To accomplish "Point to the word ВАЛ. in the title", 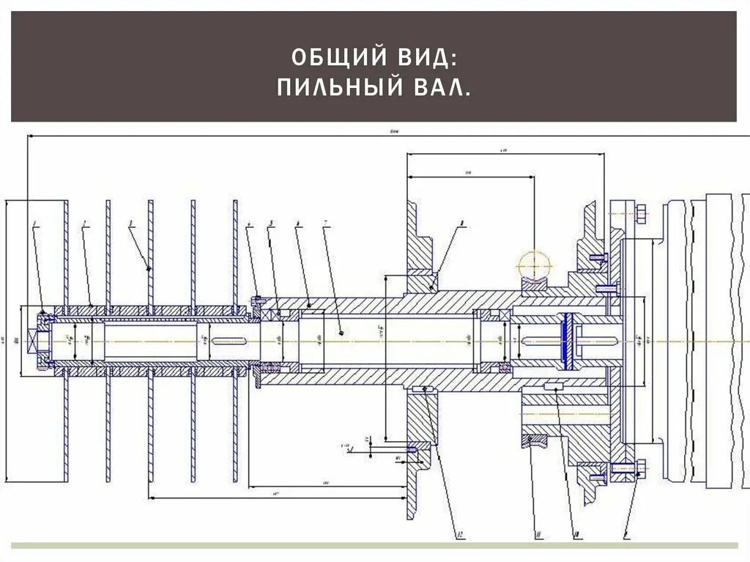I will [x=438, y=89].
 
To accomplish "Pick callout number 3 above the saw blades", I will [x=130, y=223].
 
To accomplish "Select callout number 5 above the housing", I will [x=270, y=222].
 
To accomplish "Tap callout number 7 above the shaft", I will [x=327, y=222].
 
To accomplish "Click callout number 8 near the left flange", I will [x=463, y=222].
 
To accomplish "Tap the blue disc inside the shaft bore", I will [x=567, y=340].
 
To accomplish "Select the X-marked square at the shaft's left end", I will [x=34, y=341].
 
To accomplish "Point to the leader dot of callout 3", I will [x=150, y=269].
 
